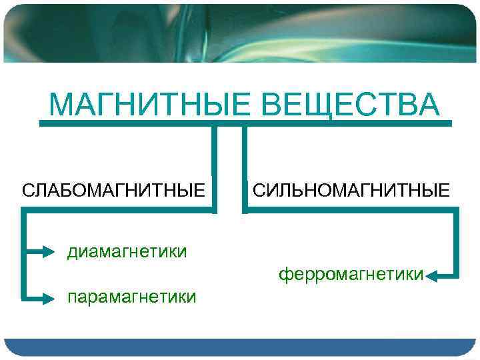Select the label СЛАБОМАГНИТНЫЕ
tap(113, 191)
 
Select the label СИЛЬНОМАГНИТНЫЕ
tap(351, 191)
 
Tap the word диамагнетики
tap(126, 251)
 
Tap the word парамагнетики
tap(131, 296)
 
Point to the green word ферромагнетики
tap(351, 274)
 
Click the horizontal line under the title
tap(245, 123)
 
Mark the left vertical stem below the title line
tap(215, 167)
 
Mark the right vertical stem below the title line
tap(244, 167)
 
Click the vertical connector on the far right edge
tap(457, 243)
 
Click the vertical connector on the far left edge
tap(23, 253)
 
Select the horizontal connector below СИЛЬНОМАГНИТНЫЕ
tap(351, 211)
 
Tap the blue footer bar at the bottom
tap(240, 347)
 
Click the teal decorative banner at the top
tap(240, 33)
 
